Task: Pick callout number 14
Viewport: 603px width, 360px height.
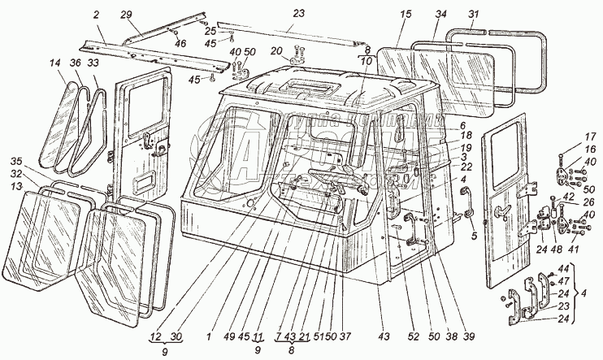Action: [54, 63]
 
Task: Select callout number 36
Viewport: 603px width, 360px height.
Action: [74, 63]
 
